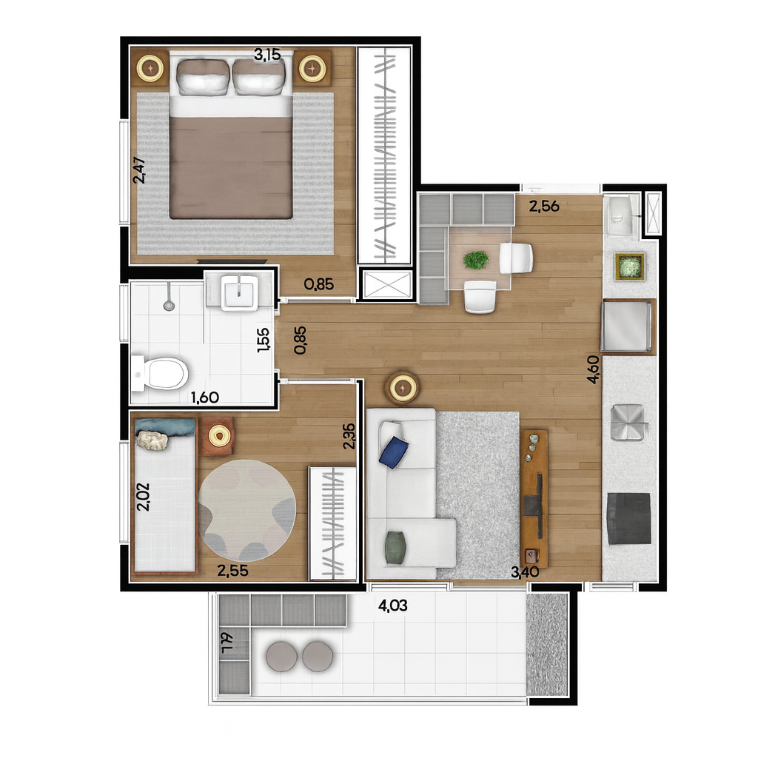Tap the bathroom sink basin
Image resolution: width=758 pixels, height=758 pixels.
click(x=239, y=292)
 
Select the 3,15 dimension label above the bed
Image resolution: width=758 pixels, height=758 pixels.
click(x=267, y=55)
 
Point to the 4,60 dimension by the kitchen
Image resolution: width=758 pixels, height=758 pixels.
click(x=594, y=369)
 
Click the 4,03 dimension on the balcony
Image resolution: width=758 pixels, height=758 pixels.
click(x=392, y=606)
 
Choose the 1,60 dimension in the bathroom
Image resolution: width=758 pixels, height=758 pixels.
click(x=205, y=398)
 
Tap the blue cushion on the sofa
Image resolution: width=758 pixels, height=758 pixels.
click(x=394, y=452)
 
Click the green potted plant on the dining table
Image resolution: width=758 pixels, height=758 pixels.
click(x=476, y=260)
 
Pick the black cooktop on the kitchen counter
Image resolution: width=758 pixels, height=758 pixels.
click(x=629, y=519)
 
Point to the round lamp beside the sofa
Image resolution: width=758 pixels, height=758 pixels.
click(x=402, y=387)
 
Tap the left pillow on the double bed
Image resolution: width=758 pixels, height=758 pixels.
click(x=203, y=77)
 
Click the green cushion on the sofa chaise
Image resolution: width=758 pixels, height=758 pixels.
click(x=395, y=547)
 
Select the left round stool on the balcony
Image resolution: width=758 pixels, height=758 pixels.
click(x=282, y=657)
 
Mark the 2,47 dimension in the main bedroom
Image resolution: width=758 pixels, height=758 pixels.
click(x=139, y=170)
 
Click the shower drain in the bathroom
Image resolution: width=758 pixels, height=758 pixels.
click(x=169, y=305)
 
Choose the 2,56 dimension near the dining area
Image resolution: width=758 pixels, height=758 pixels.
click(x=544, y=207)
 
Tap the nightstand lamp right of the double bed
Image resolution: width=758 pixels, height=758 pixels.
click(x=312, y=68)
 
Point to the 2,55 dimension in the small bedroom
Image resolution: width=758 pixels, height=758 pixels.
click(x=232, y=571)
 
